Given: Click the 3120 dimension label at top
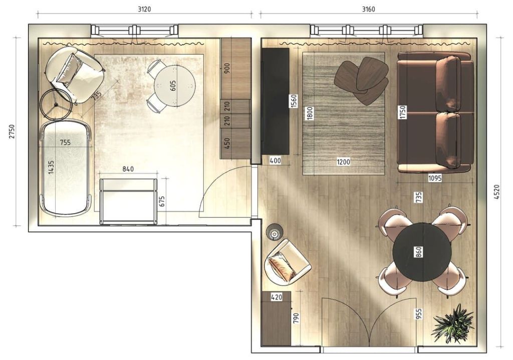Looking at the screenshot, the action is [x=144, y=9].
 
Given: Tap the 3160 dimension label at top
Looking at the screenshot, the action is [x=368, y=9].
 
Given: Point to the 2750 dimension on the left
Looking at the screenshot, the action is [x=12, y=131].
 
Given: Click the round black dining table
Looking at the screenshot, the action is [x=422, y=252].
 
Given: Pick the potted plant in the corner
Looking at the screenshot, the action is [x=453, y=323].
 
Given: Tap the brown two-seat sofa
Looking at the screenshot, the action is [x=435, y=112].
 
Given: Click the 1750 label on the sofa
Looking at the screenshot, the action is [x=403, y=112].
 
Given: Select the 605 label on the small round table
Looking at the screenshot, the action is [x=173, y=86].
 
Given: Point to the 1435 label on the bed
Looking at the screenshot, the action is [x=52, y=167].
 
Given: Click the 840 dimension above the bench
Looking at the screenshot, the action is [x=128, y=169].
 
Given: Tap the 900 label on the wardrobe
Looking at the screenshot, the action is [x=228, y=68].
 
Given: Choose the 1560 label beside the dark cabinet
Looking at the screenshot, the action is [x=294, y=101].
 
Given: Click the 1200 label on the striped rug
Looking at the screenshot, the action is [x=344, y=161].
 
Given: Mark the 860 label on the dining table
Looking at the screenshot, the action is [x=419, y=252].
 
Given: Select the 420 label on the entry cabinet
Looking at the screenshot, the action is [x=277, y=297].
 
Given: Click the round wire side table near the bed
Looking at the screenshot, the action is [x=56, y=104].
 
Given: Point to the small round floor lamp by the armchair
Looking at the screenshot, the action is [x=274, y=233].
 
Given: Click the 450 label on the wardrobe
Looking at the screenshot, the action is [x=228, y=143].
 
